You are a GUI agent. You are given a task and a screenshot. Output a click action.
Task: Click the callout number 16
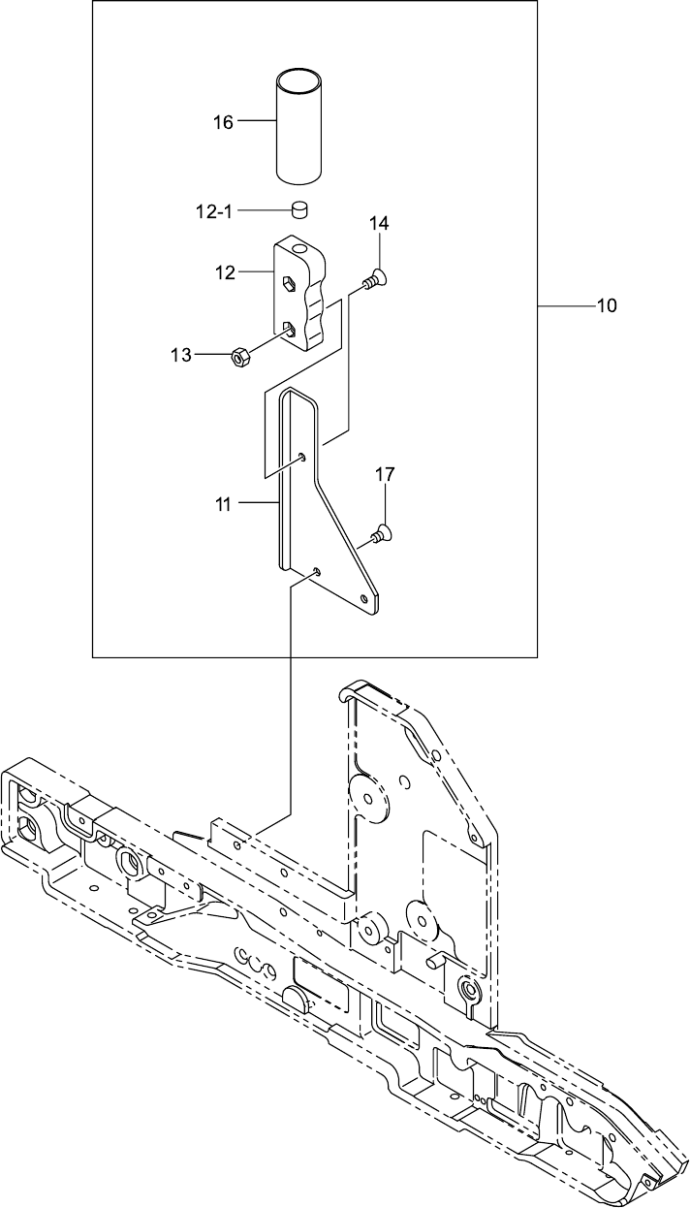click(223, 122)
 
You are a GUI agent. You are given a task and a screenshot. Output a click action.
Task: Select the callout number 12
click(225, 273)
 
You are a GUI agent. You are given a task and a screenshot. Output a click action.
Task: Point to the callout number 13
click(181, 356)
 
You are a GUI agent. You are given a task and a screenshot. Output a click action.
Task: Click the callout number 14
click(378, 224)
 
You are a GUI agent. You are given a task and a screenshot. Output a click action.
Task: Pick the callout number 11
click(224, 503)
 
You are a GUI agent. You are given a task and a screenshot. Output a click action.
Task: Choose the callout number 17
click(385, 475)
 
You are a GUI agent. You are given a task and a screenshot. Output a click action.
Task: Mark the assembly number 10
click(606, 306)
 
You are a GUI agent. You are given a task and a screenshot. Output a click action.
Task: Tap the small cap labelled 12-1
click(299, 209)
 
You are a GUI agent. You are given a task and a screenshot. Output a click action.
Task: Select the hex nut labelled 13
click(240, 357)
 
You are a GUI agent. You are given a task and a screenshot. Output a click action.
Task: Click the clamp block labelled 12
click(300, 296)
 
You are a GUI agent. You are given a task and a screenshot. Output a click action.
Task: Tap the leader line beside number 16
click(257, 121)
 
